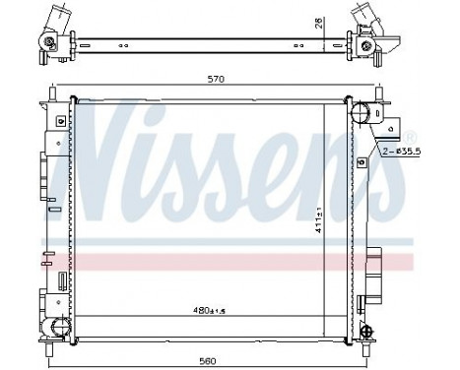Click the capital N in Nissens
click(x=108, y=148)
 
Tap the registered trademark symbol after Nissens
click(x=410, y=134)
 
